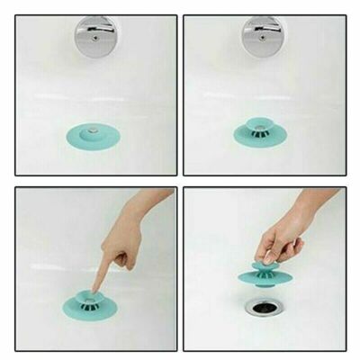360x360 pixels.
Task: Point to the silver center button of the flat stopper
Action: pos(92,132)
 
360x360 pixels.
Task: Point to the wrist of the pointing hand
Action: pos(157,202)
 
